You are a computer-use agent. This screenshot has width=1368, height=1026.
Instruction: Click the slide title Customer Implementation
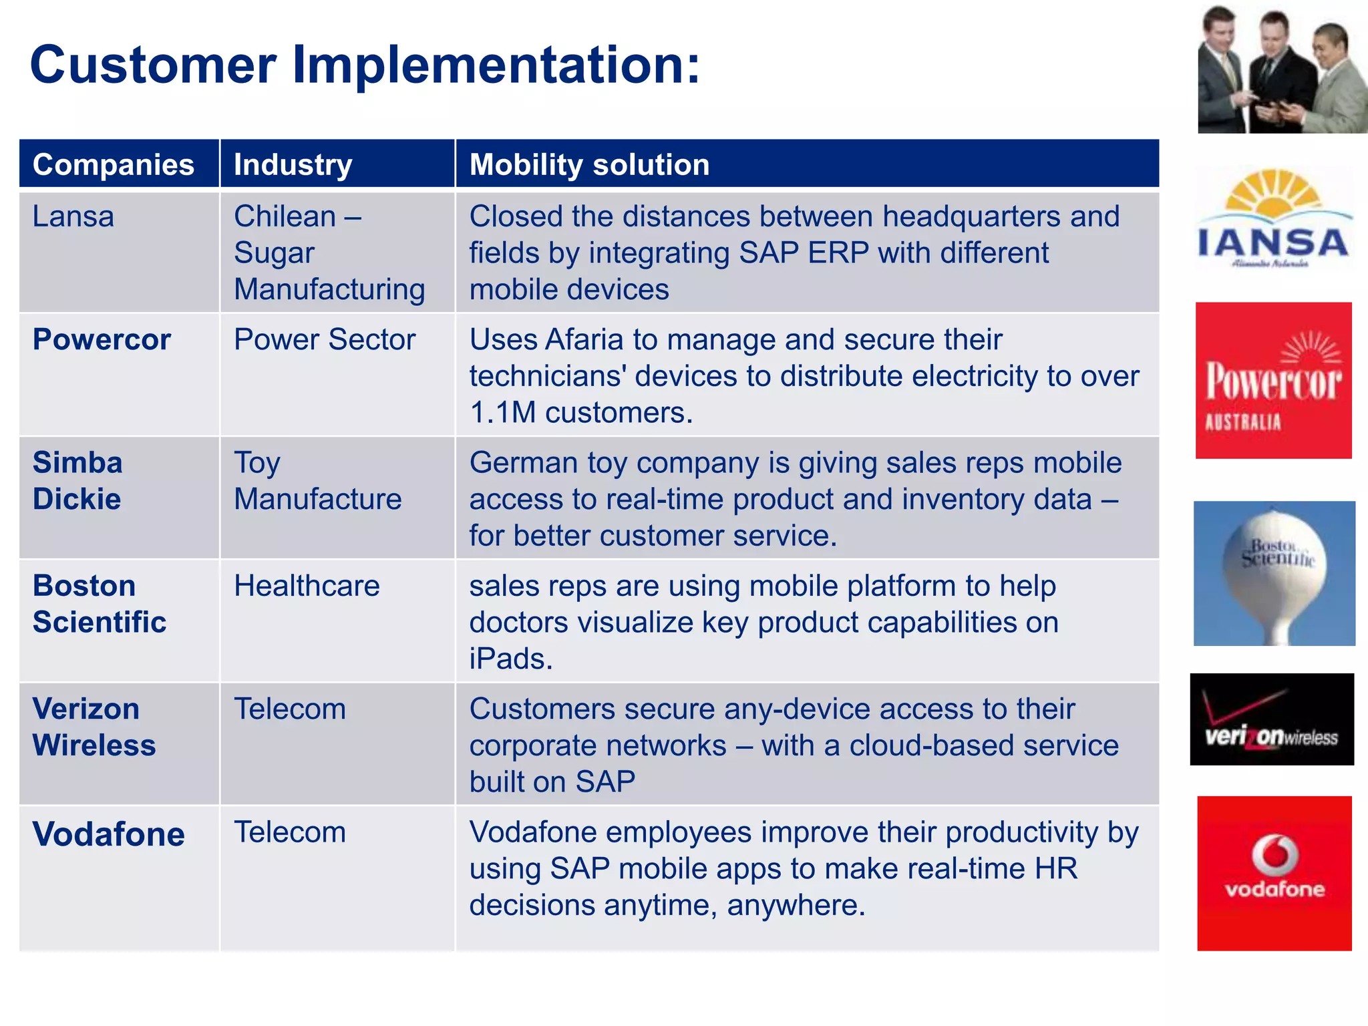click(365, 65)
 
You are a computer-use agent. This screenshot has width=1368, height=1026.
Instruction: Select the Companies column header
click(113, 165)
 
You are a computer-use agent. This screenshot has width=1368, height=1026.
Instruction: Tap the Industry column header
click(293, 165)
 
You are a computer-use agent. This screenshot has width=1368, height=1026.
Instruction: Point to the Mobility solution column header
click(589, 165)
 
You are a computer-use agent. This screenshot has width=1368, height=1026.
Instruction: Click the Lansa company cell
click(73, 217)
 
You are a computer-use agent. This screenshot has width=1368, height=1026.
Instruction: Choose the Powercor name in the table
click(102, 340)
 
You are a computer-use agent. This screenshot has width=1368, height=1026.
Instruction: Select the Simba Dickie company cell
click(77, 481)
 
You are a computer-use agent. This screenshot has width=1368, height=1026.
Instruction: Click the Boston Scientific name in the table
click(99, 604)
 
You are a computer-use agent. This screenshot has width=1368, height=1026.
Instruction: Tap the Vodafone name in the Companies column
click(108, 834)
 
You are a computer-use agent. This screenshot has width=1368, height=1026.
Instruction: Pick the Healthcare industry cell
click(307, 586)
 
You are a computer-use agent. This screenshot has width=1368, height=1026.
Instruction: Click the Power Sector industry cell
click(325, 340)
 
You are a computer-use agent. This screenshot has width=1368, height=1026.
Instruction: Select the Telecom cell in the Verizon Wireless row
click(290, 709)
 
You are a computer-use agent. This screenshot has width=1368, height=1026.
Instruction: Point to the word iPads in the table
click(511, 659)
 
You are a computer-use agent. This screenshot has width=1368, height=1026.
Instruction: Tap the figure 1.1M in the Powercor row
click(502, 413)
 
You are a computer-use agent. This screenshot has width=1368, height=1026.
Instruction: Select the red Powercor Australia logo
click(1273, 381)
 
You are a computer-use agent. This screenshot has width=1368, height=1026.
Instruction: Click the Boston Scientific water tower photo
click(1274, 573)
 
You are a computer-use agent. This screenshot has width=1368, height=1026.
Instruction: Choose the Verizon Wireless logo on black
click(1272, 719)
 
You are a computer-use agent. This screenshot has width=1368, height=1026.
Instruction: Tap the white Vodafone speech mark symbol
click(1274, 854)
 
